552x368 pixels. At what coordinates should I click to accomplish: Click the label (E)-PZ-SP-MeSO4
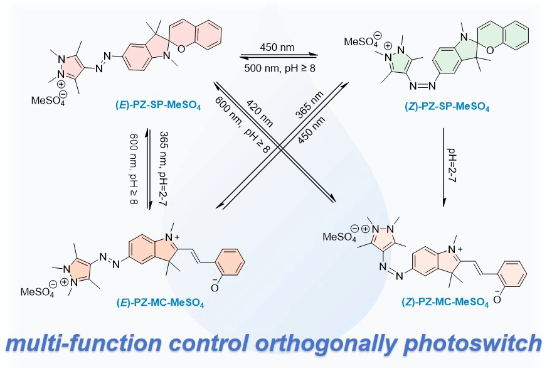(x=158, y=105)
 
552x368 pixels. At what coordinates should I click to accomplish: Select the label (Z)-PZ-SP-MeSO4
(x=447, y=106)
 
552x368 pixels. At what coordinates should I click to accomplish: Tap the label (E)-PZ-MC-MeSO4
(x=160, y=303)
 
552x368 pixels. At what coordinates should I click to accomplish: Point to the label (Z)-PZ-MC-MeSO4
(x=445, y=302)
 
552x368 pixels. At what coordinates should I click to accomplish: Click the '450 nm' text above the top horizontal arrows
(x=277, y=47)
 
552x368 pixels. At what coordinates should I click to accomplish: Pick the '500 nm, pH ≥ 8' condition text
(x=280, y=68)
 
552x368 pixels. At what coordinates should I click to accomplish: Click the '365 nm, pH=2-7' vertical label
(x=163, y=168)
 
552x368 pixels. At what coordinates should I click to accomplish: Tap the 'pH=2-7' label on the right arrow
(x=452, y=165)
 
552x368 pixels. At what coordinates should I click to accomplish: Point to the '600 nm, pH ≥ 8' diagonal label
(x=242, y=124)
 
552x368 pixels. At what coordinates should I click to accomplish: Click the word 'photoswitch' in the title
(x=472, y=344)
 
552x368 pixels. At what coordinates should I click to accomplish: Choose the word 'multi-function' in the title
(x=84, y=343)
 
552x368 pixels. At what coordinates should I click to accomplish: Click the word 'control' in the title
(x=209, y=343)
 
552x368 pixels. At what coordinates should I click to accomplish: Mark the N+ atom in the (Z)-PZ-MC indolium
(x=455, y=249)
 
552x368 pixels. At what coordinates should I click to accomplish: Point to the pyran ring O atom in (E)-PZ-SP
(x=181, y=48)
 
